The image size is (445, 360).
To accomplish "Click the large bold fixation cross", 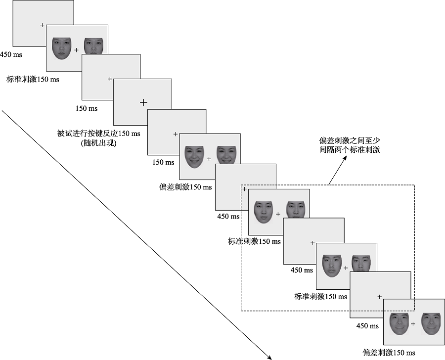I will tap(143, 102).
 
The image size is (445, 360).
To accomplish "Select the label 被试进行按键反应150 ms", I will tap(99, 134).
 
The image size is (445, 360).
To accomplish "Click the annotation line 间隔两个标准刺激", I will tap(350, 150).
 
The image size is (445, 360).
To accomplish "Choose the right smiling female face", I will tap(226, 154).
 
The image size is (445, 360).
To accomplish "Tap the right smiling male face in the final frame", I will tap(431, 324).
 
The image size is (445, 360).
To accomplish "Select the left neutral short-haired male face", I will tap(331, 265).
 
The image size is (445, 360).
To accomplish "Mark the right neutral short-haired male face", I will tap(361, 265).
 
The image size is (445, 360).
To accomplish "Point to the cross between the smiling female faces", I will tap(209, 159).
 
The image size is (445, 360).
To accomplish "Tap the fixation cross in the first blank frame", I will tap(42, 25).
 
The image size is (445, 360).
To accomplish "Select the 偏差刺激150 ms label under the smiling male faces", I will tap(389, 353).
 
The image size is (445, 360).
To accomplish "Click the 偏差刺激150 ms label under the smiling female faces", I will tap(185, 187).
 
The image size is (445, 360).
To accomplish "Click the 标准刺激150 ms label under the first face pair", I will tap(33, 79).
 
